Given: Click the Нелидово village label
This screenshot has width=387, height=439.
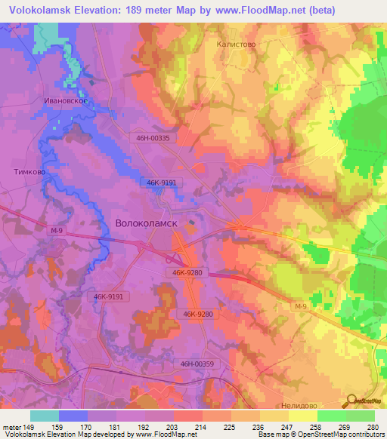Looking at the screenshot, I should [x=302, y=404].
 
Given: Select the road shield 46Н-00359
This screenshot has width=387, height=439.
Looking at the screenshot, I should [x=200, y=364].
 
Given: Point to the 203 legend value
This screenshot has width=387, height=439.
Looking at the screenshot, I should [x=172, y=427].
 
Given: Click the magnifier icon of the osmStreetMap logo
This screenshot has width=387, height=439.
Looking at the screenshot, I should [x=348, y=401].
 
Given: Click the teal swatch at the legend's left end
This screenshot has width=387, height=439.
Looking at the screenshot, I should [x=45, y=416].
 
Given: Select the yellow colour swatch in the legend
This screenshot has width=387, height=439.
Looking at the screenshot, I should [x=302, y=416].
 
